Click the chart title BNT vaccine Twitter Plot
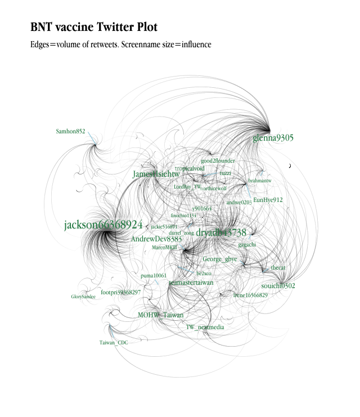tap(94, 27)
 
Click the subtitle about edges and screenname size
tap(120, 44)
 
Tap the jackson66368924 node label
tap(103, 225)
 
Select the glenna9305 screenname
tap(273, 138)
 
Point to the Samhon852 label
tap(70, 132)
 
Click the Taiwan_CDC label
tap(114, 343)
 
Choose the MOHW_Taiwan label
tap(160, 315)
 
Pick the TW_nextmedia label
tap(205, 327)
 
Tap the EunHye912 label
tap(268, 200)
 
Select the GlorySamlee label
tap(83, 297)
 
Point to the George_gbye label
tap(220, 259)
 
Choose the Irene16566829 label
tap(250, 295)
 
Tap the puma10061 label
tap(154, 276)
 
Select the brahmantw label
tap(259, 181)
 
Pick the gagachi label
tap(247, 245)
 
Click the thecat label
tap(278, 268)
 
